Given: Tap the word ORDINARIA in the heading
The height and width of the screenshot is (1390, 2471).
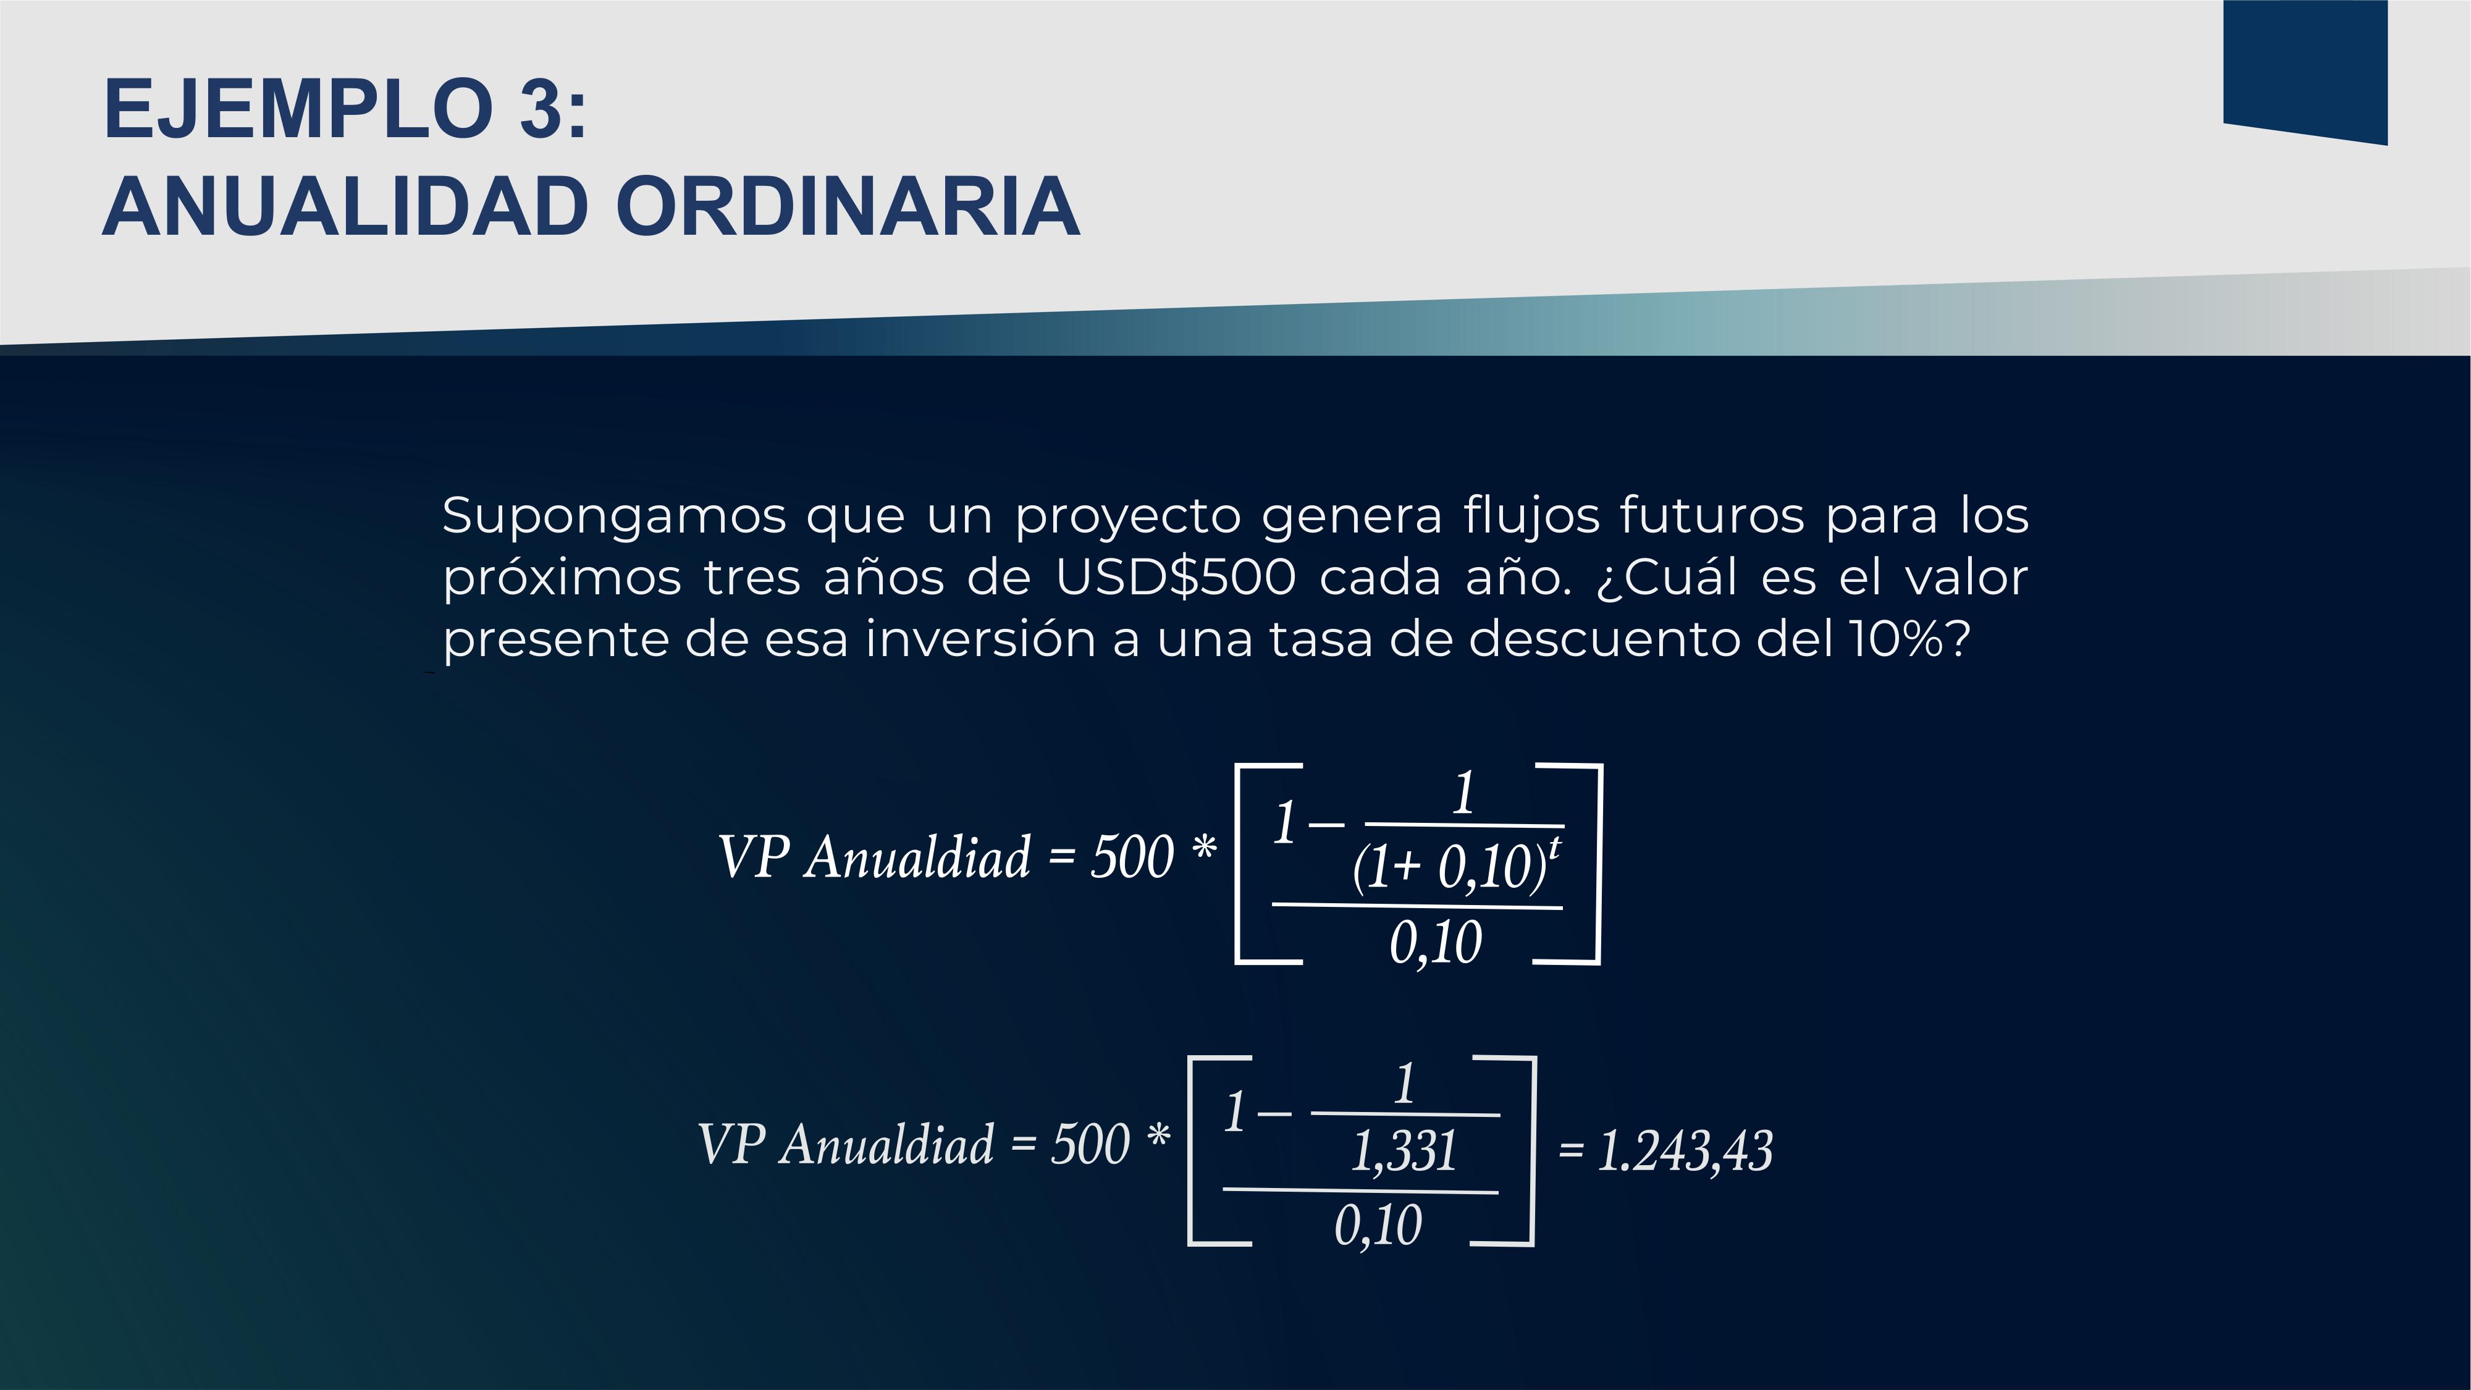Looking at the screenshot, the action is click(x=848, y=206).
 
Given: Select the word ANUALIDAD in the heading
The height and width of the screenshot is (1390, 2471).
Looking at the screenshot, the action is click(x=344, y=206).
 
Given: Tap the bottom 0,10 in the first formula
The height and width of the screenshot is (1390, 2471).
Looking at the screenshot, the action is click(x=1436, y=942).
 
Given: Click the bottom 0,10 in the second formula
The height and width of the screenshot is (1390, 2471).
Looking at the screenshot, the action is click(x=1378, y=1226).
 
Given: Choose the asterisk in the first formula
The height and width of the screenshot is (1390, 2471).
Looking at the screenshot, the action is click(x=1204, y=848).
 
